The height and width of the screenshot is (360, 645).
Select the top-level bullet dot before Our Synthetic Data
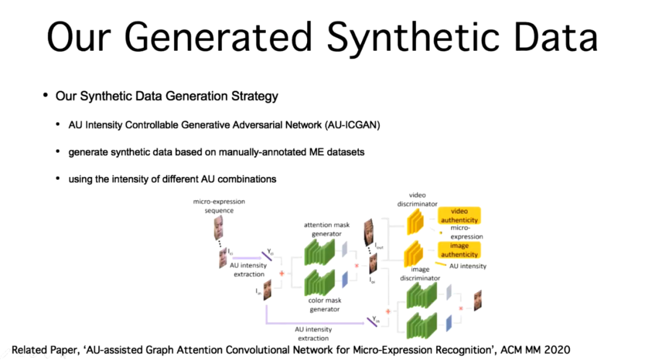pyautogui.click(x=45, y=95)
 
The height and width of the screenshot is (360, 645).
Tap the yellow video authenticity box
pyautogui.click(x=459, y=216)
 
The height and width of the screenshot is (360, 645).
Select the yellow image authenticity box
pyautogui.click(x=459, y=250)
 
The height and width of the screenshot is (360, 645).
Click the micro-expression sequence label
pyautogui.click(x=219, y=206)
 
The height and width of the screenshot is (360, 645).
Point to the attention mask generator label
pyautogui.click(x=326, y=229)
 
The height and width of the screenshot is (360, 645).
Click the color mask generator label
pyautogui.click(x=325, y=304)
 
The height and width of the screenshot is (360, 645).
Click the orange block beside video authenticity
pyautogui.click(x=415, y=221)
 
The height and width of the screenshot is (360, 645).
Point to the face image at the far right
pyautogui.click(x=477, y=300)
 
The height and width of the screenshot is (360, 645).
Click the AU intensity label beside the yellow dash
pyautogui.click(x=468, y=266)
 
